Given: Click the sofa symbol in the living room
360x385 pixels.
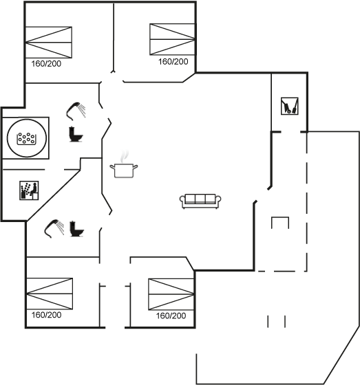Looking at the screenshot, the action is (200, 201).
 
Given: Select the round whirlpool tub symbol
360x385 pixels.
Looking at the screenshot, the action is (27, 138).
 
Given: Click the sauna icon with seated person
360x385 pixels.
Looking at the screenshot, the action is (29, 190).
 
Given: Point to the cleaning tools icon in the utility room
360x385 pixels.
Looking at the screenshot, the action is (290, 106).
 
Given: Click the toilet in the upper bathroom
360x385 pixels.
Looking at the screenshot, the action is (76, 134).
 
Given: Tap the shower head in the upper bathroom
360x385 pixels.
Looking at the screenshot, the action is (76, 111).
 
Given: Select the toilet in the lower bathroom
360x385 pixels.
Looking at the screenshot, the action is (76, 229).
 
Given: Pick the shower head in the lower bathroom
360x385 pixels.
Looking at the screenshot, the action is (54, 228).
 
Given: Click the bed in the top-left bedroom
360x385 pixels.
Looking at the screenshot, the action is (49, 43).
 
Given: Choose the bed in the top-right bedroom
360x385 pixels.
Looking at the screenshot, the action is (173, 39).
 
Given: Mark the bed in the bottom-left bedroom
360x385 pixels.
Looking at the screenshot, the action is (50, 294).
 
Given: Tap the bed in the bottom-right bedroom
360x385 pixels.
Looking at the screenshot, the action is (171, 294).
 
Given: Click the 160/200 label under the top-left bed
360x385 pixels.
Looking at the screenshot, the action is (46, 64).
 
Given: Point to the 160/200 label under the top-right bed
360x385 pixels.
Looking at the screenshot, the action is (173, 62).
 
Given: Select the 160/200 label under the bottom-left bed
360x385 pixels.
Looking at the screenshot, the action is (47, 315).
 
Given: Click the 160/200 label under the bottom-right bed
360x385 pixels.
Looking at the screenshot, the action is (171, 316).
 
